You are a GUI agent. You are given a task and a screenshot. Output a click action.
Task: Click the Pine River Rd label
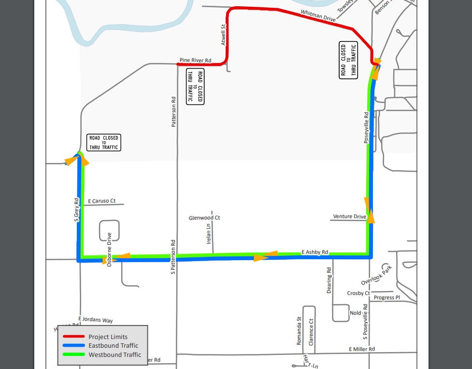point(195,60)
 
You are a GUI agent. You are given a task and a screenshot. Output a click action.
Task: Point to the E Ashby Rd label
point(315,252)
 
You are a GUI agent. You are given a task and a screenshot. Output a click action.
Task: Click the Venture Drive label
point(349,217)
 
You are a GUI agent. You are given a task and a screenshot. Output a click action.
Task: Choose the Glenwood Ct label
point(204,218)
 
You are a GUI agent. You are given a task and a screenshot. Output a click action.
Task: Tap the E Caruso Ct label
point(102,201)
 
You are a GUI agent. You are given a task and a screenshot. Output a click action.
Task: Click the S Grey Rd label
point(76,209)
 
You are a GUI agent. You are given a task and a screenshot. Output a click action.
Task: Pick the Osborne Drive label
point(110,249)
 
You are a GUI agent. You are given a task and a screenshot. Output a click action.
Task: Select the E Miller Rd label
point(361,349)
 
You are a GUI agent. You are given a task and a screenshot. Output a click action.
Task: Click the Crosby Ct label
point(358,294)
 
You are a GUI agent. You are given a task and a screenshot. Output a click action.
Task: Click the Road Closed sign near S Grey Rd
point(103,143)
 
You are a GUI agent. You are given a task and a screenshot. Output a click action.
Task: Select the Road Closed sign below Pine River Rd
point(195,87)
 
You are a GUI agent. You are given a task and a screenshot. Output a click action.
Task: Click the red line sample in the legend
point(72,337)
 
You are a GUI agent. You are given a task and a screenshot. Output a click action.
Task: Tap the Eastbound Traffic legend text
point(113,346)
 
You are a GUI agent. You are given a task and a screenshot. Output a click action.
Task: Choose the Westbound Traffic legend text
point(114,355)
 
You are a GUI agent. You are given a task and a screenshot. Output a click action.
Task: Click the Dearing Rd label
point(329,281)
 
